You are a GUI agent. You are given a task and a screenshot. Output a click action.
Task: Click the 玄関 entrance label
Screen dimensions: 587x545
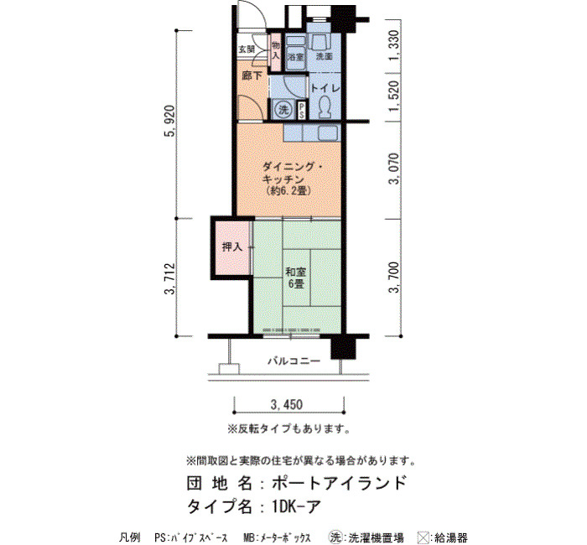click(247, 49)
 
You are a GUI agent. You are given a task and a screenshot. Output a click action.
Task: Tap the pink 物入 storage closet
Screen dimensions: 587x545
click(276, 52)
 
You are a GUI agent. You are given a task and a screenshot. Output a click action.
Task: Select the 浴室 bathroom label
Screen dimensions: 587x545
click(296, 57)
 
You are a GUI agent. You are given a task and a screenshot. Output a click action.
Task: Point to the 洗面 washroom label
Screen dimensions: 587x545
click(325, 57)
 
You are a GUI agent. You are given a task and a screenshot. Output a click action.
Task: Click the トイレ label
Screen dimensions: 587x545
click(325, 89)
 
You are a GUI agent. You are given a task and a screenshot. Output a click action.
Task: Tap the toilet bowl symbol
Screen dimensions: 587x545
click(325, 106)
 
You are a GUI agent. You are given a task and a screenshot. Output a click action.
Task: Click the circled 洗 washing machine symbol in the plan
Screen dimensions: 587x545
click(283, 110)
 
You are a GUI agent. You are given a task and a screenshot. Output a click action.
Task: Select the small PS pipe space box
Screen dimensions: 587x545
click(301, 111)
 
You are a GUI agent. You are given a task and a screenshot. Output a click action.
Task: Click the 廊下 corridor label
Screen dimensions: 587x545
click(252, 76)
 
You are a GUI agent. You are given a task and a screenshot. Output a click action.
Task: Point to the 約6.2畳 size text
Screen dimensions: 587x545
click(288, 191)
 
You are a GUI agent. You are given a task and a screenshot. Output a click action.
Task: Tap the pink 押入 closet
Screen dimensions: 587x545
click(232, 247)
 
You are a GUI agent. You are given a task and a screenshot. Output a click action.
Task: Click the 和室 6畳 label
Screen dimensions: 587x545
click(295, 278)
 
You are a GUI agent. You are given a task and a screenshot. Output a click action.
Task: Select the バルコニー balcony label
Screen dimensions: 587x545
click(293, 361)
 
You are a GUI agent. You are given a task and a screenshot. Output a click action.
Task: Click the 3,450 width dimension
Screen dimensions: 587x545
click(287, 405)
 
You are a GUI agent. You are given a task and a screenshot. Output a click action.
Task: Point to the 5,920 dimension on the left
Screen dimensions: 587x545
click(169, 122)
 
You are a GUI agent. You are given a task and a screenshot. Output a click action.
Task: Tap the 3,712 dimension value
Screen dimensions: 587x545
click(169, 279)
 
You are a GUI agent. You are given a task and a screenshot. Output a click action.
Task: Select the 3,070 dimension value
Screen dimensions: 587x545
click(394, 169)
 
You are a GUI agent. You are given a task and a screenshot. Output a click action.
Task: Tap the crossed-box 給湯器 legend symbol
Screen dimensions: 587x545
click(423, 537)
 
